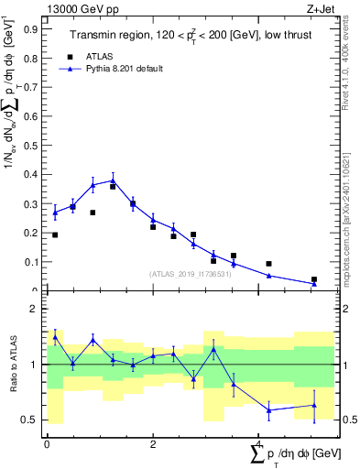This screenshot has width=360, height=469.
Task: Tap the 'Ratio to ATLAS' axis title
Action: (14, 364)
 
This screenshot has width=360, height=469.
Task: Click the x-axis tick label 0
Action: (47, 444)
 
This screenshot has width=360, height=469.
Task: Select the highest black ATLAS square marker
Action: (113, 187)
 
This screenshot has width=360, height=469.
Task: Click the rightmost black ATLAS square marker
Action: (314, 279)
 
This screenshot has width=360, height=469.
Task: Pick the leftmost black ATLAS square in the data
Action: (55, 235)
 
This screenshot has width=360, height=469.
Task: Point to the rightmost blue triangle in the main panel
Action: (314, 284)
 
